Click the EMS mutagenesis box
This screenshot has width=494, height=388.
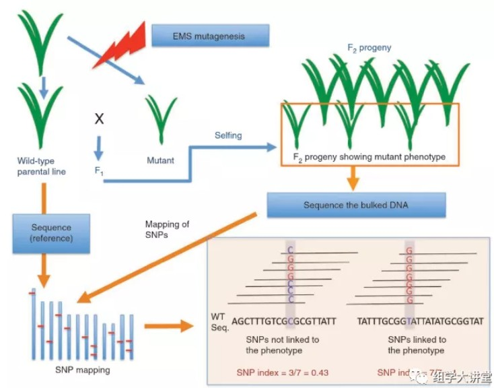[x=210, y=35]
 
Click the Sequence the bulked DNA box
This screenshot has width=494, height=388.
[x=355, y=205]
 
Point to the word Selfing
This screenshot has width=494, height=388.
[x=228, y=135]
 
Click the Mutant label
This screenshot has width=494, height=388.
[x=160, y=160]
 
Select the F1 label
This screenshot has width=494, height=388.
[x=99, y=172]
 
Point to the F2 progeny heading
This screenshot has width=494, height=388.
[x=369, y=48]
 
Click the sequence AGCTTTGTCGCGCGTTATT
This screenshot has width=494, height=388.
[x=283, y=321]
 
